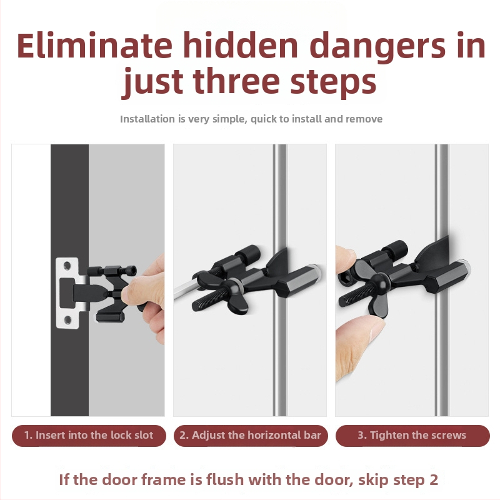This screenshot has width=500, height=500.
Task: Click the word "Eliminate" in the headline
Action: [x=94, y=45]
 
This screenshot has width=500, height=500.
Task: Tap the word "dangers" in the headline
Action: [x=377, y=48]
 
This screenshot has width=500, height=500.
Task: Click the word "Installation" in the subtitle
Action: [x=148, y=119]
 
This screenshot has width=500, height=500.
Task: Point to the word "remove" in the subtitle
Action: [x=364, y=119]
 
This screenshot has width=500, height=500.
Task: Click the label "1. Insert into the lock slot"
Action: [x=89, y=435]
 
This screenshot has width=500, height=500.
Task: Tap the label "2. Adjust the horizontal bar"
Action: [x=251, y=435]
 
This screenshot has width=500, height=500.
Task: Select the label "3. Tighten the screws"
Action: [x=412, y=435]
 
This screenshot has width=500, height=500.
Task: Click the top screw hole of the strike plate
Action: [x=67, y=266]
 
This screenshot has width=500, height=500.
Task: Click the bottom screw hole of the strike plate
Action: [x=67, y=319]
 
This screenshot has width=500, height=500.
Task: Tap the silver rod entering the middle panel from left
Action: [x=186, y=289]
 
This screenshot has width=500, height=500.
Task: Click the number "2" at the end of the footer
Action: [x=433, y=480]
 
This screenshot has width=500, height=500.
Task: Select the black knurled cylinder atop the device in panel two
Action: [x=248, y=254]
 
